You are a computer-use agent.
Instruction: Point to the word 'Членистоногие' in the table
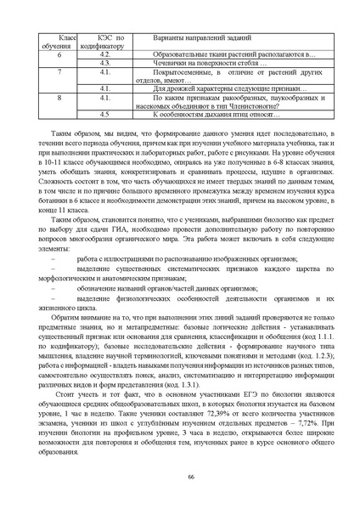(x=250, y=105)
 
